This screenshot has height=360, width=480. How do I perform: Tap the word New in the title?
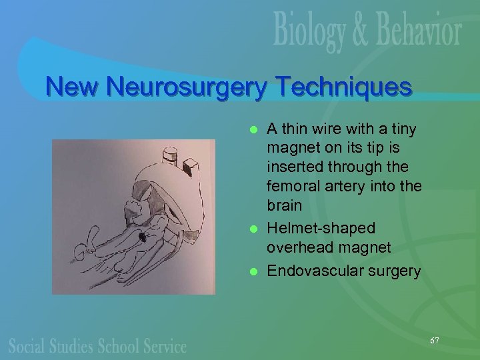pos(73,87)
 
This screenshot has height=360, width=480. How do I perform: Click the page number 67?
pos(434,340)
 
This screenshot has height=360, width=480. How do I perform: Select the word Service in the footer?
pos(163,346)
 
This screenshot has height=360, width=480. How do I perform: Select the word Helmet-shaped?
pos(321,229)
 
